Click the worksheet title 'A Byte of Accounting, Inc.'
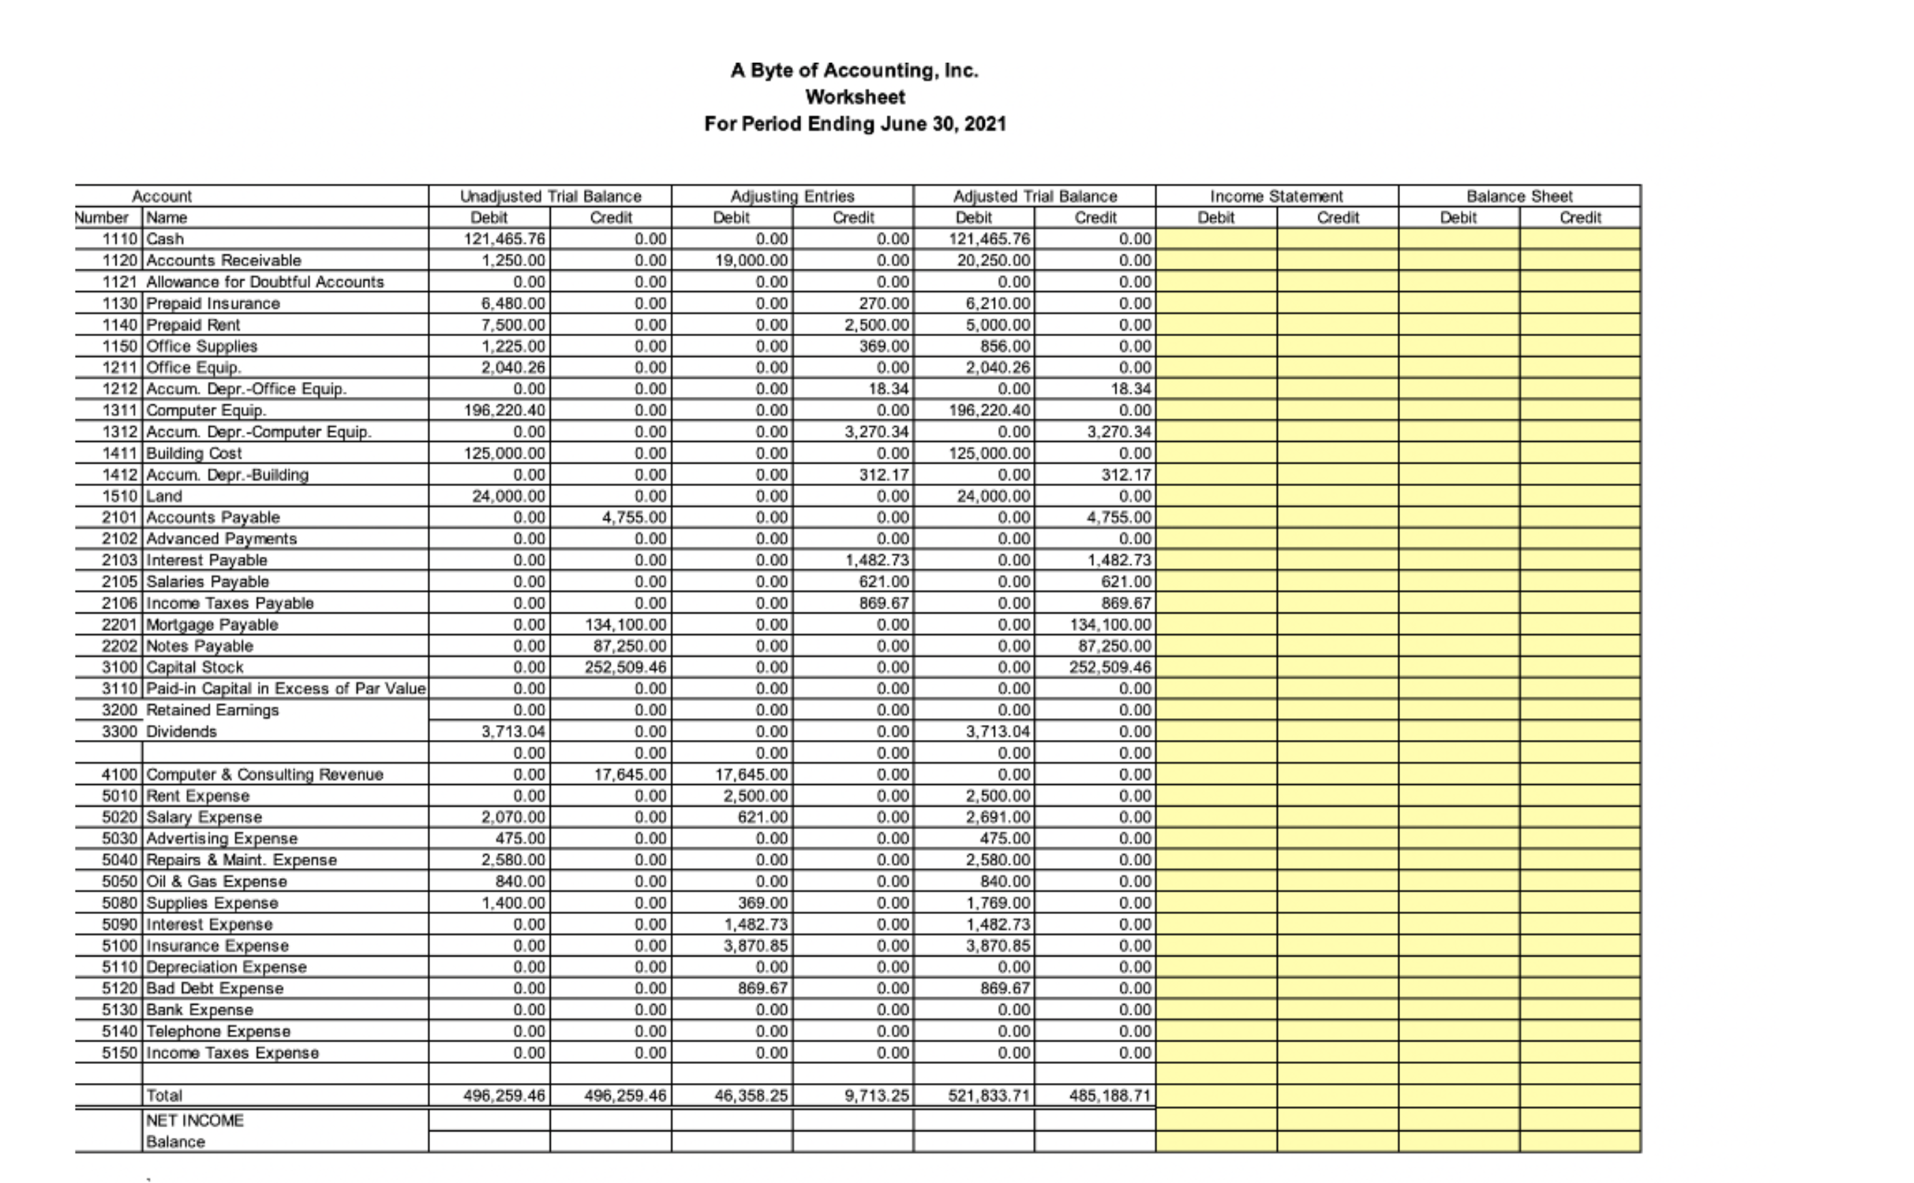point(854,70)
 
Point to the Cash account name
point(165,239)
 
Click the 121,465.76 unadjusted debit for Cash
point(504,239)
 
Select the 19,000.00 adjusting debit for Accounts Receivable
point(751,261)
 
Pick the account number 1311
point(120,410)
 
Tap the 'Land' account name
point(164,496)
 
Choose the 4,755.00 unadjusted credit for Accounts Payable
point(634,517)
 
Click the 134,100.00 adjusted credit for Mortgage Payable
point(1110,624)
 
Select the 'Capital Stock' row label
point(195,667)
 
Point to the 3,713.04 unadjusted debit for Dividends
point(513,732)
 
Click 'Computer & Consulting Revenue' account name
point(264,775)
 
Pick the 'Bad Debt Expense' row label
point(214,988)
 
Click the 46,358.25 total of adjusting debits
point(751,1095)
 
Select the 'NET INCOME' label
point(195,1120)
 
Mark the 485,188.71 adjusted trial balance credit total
point(1110,1095)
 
